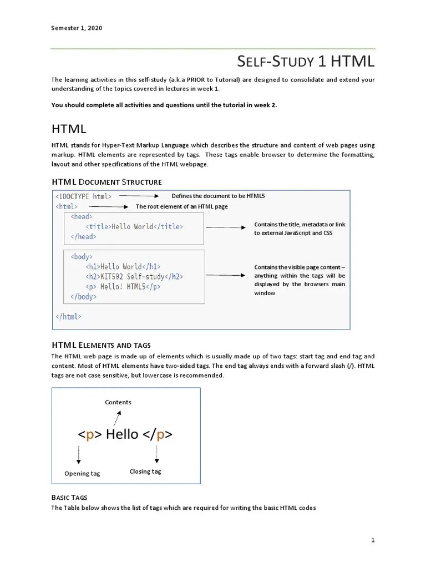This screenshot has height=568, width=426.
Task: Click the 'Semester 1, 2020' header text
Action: [x=77, y=28]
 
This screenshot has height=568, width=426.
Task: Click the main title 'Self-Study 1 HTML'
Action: [x=306, y=60]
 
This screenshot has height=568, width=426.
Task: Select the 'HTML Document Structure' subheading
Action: [x=106, y=182]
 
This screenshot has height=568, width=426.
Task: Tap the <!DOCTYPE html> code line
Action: [x=84, y=196]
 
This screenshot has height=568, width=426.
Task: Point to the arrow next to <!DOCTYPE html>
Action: [x=139, y=196]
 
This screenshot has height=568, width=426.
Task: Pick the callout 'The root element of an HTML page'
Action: [x=181, y=206]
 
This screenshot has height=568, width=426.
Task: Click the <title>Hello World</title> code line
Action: [x=134, y=227]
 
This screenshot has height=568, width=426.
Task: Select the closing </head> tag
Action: [x=83, y=237]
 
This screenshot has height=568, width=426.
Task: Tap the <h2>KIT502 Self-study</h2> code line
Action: [x=134, y=276]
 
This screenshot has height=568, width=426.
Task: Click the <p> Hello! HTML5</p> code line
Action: [x=123, y=286]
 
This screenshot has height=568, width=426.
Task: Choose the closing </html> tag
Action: [x=68, y=316]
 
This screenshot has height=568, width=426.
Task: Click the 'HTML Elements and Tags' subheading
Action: [x=101, y=345]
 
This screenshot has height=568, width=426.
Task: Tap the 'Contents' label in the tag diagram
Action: [x=118, y=402]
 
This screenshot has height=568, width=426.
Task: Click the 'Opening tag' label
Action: [x=82, y=473]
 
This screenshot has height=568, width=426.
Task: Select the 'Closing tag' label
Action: [x=145, y=471]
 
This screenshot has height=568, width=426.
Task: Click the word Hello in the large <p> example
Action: [x=122, y=434]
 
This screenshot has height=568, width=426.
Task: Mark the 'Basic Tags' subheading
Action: [x=69, y=498]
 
